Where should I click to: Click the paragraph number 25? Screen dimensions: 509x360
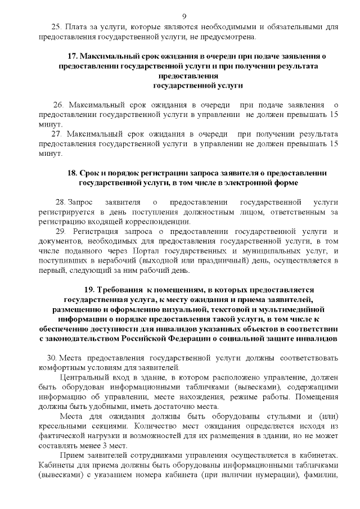pos(56,27)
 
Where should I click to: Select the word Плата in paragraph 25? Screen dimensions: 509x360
pos(76,27)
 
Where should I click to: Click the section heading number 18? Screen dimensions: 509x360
pos(71,173)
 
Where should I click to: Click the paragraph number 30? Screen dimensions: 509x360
pos(52,358)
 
